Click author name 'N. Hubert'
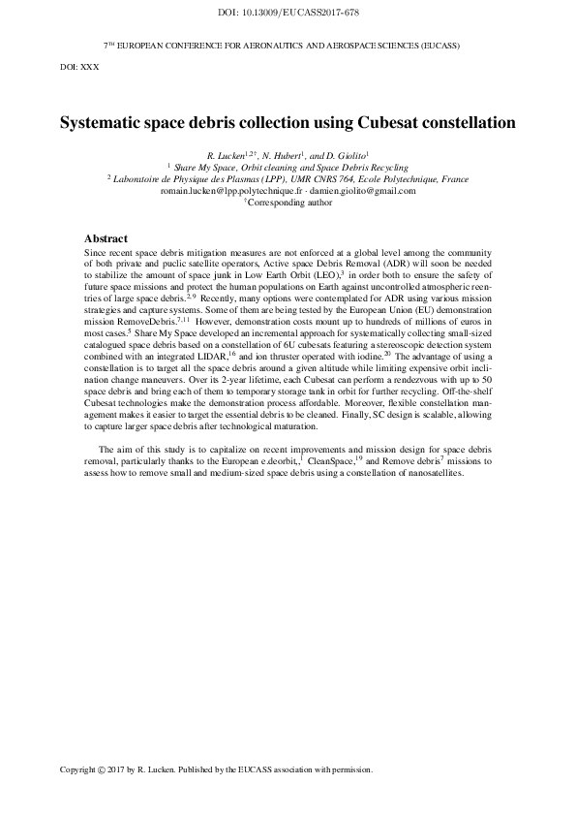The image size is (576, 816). [282, 155]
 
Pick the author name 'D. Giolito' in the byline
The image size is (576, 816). [347, 155]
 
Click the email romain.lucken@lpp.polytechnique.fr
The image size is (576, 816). [226, 191]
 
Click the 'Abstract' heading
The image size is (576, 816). [106, 238]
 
